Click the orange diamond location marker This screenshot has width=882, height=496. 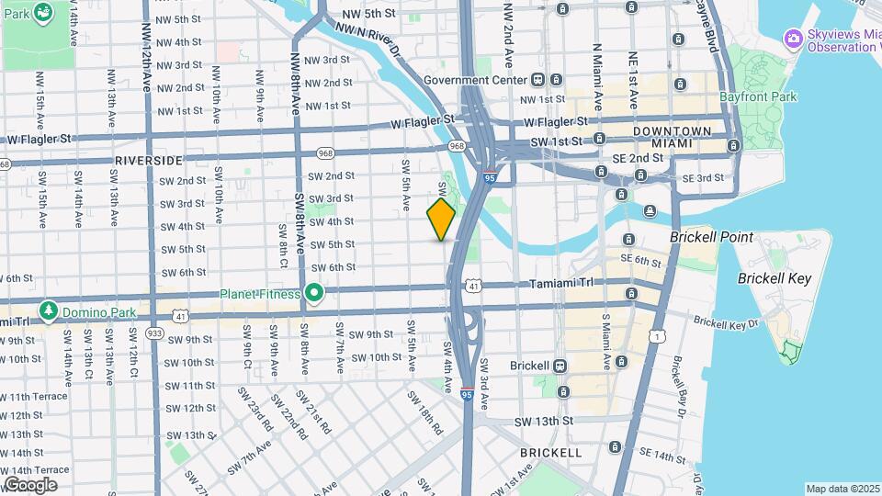[x=441, y=220]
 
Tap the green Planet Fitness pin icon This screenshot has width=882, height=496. [x=314, y=294]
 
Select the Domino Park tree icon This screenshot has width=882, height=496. [x=47, y=311]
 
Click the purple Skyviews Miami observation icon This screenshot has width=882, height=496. [x=793, y=38]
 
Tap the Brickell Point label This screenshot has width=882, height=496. [x=711, y=237]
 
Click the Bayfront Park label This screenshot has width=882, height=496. [x=758, y=96]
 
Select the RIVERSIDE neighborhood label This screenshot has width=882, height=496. [x=149, y=160]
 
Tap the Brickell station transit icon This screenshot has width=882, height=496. [x=560, y=365]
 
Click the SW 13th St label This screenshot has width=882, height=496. [x=543, y=422]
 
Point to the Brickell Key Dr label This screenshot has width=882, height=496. [x=725, y=323]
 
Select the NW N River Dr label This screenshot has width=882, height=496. [x=368, y=41]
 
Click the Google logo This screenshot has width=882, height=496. [x=30, y=484]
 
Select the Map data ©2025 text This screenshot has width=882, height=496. [x=842, y=489]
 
